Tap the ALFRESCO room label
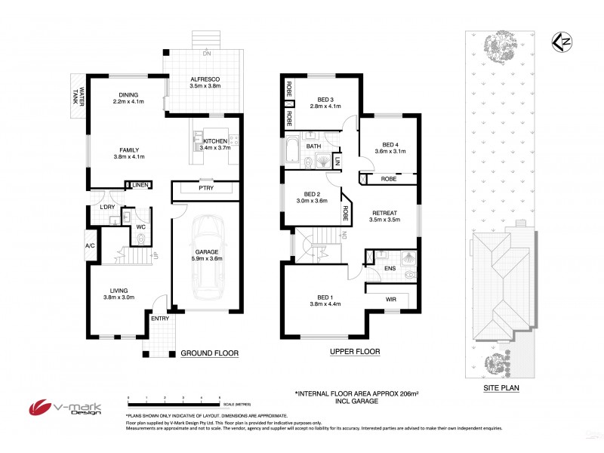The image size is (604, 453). pyautogui.click(x=204, y=78)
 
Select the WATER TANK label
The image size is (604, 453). pyautogui.click(x=77, y=97)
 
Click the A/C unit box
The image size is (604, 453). pyautogui.click(x=90, y=245)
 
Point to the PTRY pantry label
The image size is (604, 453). pyautogui.click(x=206, y=188)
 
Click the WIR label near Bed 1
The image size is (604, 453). pyautogui.click(x=390, y=300)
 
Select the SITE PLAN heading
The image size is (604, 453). pyautogui.click(x=501, y=389)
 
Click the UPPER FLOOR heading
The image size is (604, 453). pyautogui.click(x=354, y=352)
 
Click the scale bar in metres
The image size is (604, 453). pyautogui.click(x=174, y=400)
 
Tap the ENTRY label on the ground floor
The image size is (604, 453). pyautogui.click(x=159, y=319)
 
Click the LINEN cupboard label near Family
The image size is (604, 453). pyautogui.click(x=140, y=185)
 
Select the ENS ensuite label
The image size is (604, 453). pyautogui.click(x=390, y=267)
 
